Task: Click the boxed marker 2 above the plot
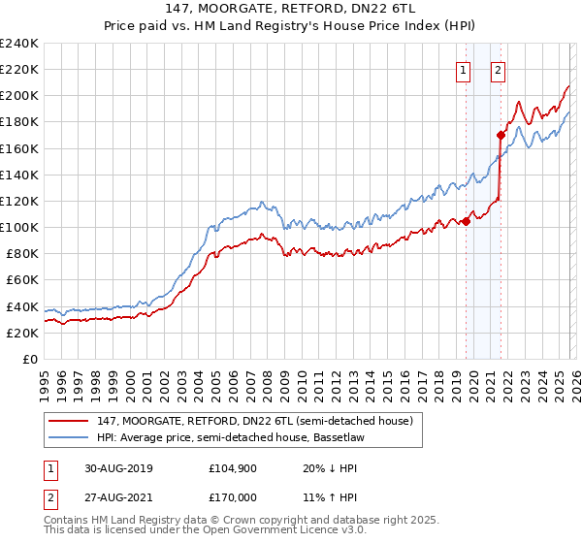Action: [x=498, y=69]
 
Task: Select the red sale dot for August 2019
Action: [x=467, y=221]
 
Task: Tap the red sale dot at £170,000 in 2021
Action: [x=501, y=136]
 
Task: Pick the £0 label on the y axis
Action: [x=31, y=359]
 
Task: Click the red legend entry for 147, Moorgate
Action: [x=258, y=420]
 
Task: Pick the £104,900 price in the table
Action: [x=231, y=466]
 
